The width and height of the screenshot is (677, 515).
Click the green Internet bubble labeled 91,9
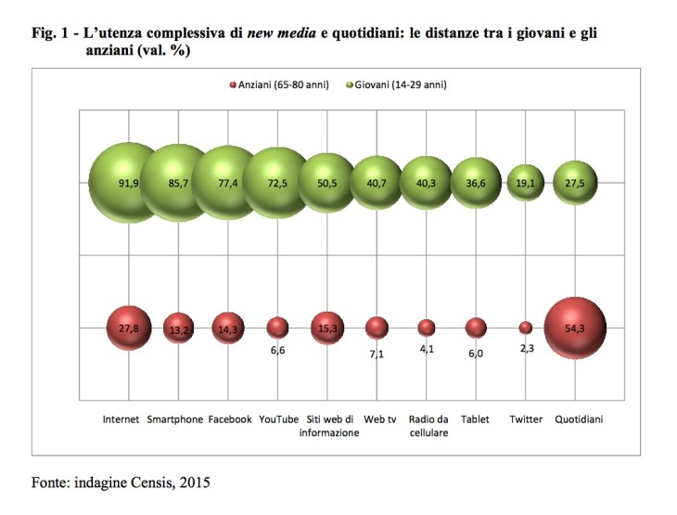[127, 182]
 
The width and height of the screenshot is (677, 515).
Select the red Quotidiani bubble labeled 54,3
[575, 328]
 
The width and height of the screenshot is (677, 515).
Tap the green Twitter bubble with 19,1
[525, 183]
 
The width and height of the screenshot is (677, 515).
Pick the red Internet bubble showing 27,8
[128, 328]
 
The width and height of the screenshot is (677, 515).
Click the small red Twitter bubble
[525, 328]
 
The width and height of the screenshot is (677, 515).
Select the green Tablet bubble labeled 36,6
[475, 183]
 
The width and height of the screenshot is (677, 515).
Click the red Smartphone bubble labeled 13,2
[177, 328]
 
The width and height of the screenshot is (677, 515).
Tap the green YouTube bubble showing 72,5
[276, 183]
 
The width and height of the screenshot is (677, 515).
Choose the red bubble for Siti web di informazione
[326, 328]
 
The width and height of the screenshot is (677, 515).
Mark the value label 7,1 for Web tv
[377, 354]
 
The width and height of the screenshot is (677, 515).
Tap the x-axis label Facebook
[229, 419]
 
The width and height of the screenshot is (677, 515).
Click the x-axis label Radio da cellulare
[426, 426]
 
